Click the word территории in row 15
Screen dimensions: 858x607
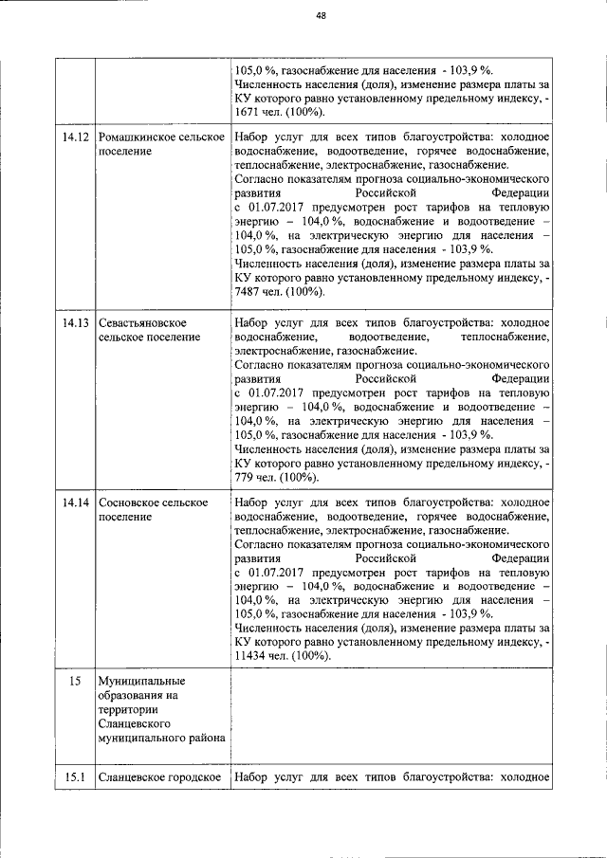point(128,709)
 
